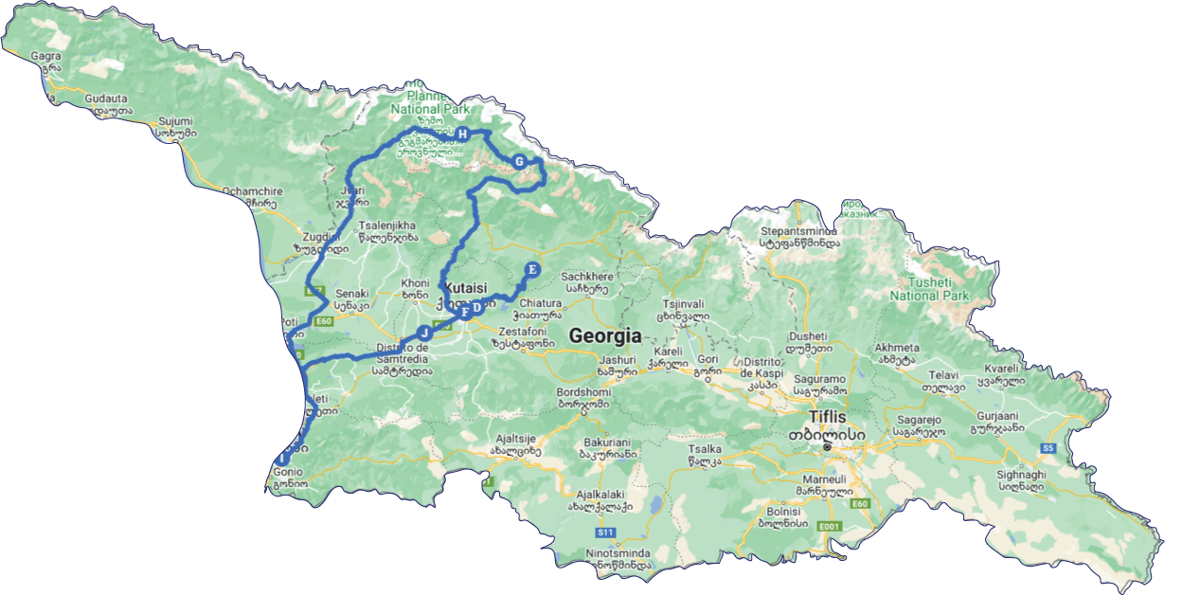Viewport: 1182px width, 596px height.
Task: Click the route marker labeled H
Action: (462, 135)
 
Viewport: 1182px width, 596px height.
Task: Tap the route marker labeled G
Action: (519, 162)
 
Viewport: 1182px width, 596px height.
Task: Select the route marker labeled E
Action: (531, 269)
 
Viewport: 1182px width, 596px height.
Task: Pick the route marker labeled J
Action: (424, 333)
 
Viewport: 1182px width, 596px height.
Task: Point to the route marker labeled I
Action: (281, 460)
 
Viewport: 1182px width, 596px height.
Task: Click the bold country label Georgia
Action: (604, 335)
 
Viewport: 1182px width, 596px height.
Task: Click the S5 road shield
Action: (1048, 447)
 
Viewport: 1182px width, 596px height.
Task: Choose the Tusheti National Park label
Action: (928, 289)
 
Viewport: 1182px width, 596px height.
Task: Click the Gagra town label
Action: (45, 56)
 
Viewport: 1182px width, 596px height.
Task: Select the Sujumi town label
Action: (175, 121)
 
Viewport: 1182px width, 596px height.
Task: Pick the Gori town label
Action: (707, 360)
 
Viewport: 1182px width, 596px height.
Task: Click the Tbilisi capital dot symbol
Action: (827, 446)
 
